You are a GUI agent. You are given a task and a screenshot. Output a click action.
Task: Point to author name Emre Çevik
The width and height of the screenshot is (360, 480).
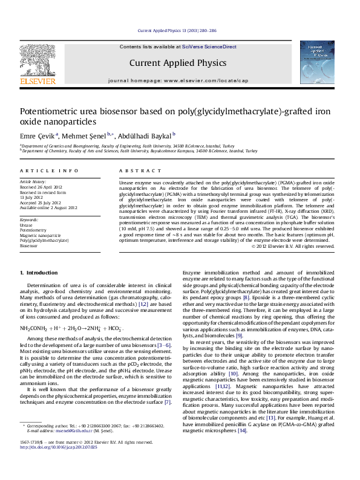click(x=38, y=135)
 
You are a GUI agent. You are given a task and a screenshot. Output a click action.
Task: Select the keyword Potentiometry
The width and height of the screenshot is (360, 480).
click(x=32, y=230)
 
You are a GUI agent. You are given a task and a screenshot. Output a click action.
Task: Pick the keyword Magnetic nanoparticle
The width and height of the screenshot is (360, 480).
click(x=40, y=236)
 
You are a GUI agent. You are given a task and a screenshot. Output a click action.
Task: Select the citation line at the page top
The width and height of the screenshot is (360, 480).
click(x=177, y=30)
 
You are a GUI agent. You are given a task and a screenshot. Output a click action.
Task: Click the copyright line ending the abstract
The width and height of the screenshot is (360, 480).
click(x=292, y=246)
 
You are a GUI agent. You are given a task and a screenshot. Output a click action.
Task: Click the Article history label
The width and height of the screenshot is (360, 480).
click(x=33, y=181)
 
